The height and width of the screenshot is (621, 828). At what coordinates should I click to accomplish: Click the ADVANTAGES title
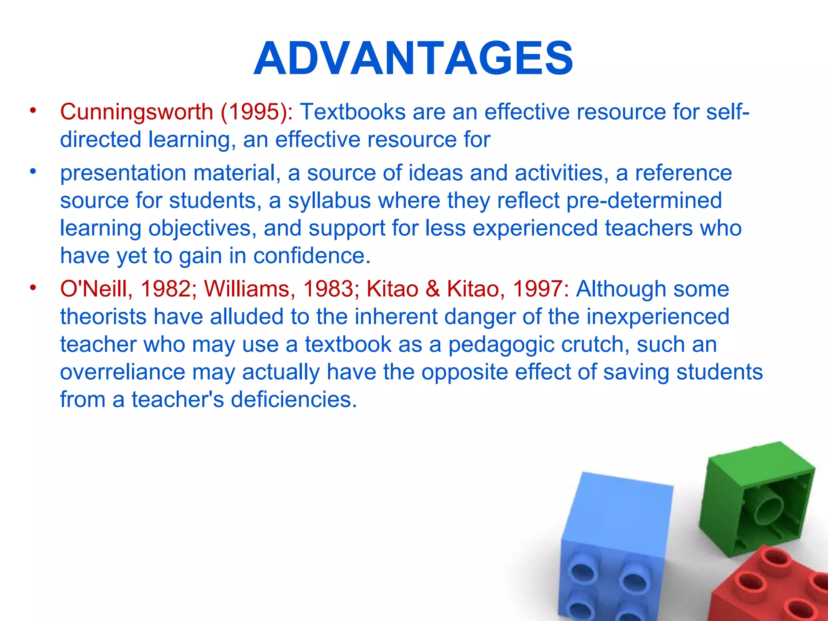coord(413,59)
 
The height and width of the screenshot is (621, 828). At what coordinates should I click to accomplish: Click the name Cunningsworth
coord(137,112)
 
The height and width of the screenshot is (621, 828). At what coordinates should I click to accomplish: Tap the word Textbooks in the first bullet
coord(353,112)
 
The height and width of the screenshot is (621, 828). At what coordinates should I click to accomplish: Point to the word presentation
coord(123,173)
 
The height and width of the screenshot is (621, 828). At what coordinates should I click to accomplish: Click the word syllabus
coord(329,201)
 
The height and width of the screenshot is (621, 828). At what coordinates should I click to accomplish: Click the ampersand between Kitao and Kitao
coord(432,289)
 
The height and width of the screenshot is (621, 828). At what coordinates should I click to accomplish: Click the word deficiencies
coord(294,399)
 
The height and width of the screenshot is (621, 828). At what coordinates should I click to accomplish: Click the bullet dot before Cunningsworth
coord(33,110)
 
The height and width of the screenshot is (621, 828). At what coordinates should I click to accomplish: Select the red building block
coord(772,586)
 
